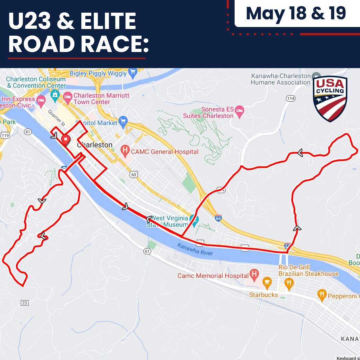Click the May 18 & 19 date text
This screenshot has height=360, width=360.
296,13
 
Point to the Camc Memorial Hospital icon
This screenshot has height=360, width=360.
254,274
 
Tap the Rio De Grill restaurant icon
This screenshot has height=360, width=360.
289,284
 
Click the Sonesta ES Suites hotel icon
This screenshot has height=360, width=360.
239,111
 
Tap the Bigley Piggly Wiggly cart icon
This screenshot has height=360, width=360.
133,73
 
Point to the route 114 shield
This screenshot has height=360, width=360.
291,98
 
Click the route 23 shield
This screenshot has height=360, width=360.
24,303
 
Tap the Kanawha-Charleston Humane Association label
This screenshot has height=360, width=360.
281,79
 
